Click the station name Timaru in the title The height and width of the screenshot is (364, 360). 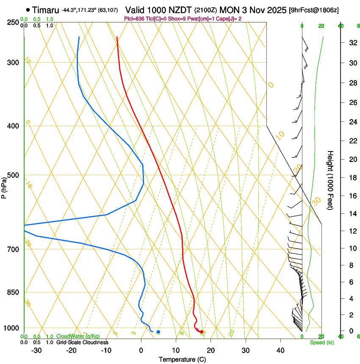click(45, 10)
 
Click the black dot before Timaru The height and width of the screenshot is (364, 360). click(28, 10)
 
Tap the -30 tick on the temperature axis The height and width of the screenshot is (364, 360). click(36, 350)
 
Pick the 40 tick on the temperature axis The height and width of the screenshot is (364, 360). click(280, 350)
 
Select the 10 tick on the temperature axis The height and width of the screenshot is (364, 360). click(176, 350)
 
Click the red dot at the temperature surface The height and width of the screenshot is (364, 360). click(202, 332)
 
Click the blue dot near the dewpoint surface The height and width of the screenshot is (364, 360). click(158, 332)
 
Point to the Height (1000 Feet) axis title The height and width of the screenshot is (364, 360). click(330, 180)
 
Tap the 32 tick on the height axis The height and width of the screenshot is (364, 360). click(352, 43)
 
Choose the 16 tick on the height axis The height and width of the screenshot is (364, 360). click(352, 196)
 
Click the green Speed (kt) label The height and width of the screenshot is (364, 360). click(321, 342)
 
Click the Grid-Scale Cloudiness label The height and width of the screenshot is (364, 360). click(82, 342)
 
